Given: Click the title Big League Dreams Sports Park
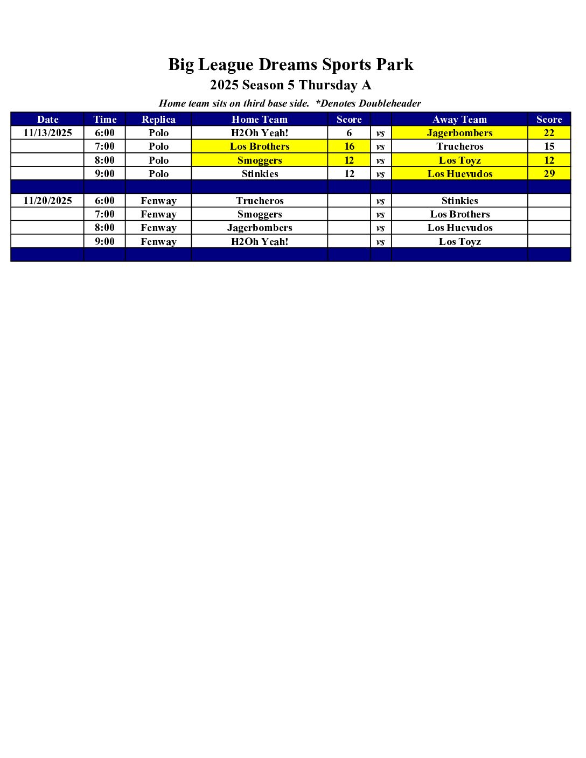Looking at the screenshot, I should tap(291, 65).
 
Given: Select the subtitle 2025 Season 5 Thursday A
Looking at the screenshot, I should tap(291, 85).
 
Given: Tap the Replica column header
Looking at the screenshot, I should tap(158, 120).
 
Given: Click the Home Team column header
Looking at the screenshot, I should tap(260, 120).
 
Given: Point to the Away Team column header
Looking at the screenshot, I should tap(459, 120).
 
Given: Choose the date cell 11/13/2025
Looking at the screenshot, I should tap(47, 133).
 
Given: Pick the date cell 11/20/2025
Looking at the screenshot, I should tap(47, 201).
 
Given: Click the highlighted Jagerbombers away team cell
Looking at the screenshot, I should tap(459, 133).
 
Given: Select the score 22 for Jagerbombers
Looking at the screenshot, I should tap(549, 133).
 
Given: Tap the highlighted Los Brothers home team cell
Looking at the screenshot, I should tap(260, 146).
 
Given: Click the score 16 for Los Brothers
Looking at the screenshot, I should tap(349, 146).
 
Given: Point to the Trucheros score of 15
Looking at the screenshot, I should tap(549, 146).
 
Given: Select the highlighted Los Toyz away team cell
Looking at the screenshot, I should tap(459, 160).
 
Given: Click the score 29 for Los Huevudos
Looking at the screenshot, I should tap(549, 174).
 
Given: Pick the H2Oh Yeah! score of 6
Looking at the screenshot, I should tap(349, 133).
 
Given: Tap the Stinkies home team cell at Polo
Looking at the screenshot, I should tap(260, 174).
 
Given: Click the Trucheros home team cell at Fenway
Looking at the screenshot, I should tap(260, 201).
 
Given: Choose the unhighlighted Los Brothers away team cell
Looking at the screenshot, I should tap(459, 214).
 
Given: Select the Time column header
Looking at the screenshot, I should tap(104, 120).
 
